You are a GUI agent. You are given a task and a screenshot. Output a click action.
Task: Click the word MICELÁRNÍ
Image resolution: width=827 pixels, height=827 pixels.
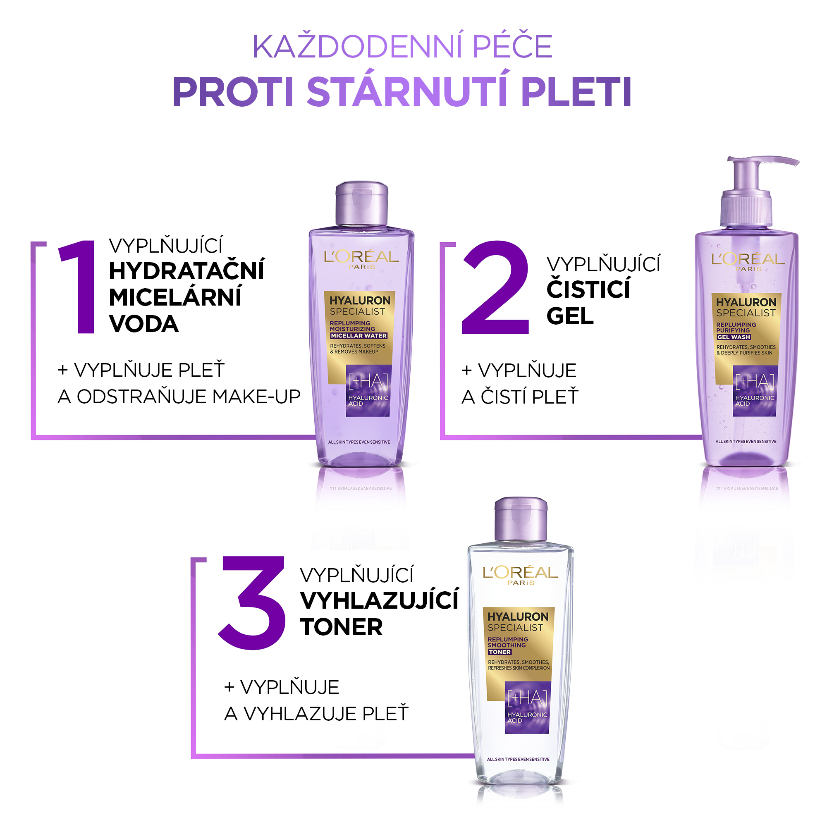[175, 296]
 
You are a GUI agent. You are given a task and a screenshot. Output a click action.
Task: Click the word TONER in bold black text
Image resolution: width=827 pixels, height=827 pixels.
[341, 627]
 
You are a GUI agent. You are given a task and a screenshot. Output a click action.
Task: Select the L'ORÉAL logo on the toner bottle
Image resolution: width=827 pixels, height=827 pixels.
[521, 575]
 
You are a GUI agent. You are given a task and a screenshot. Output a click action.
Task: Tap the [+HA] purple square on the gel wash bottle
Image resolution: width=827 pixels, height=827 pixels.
[755, 391]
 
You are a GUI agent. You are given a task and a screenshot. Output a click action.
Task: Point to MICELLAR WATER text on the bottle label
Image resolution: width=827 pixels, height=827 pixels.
[359, 336]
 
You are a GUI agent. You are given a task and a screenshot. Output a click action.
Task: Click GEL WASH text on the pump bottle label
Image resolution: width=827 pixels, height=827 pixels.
[734, 337]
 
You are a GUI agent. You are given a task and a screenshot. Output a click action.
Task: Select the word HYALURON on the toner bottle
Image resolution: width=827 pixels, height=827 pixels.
[518, 617]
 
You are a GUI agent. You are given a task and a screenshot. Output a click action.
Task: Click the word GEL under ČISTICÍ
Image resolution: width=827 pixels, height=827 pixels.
[570, 316]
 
